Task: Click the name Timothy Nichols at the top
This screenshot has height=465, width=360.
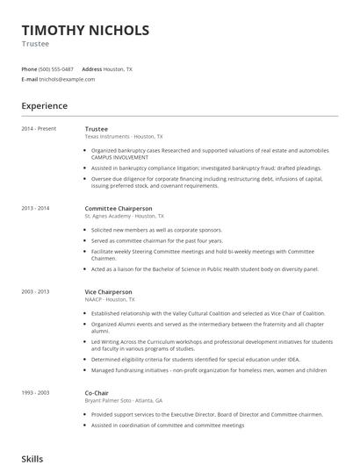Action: [84, 30]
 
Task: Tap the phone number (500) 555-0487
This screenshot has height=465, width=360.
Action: [56, 68]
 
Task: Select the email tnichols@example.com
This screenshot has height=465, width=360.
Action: [66, 79]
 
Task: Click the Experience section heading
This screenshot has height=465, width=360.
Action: [44, 106]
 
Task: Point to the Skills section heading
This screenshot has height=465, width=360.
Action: [32, 458]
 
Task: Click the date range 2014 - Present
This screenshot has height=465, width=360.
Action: [39, 129]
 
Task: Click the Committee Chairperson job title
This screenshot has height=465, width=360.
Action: [118, 209]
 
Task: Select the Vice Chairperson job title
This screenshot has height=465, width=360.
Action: [108, 291]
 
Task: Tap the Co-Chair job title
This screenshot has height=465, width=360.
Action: [97, 394]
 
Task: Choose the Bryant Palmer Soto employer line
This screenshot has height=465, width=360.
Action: [118, 401]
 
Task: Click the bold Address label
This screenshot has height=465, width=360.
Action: [91, 68]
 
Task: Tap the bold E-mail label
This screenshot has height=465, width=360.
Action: [29, 79]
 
